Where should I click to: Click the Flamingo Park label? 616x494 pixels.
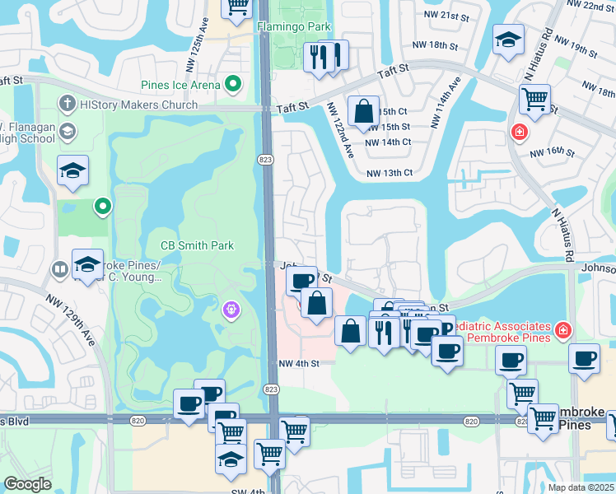(x=294, y=26)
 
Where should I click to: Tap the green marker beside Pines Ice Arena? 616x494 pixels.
(x=234, y=84)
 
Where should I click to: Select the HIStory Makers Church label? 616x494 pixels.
(x=137, y=105)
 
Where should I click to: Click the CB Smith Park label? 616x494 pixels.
(x=197, y=245)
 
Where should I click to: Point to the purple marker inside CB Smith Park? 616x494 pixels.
(x=231, y=309)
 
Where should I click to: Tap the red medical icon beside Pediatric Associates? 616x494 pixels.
(x=562, y=330)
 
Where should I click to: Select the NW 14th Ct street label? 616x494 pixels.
(x=388, y=142)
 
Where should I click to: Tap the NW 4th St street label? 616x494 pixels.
(x=298, y=363)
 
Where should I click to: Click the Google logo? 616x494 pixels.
(x=28, y=484)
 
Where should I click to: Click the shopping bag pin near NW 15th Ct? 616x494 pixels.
(x=362, y=110)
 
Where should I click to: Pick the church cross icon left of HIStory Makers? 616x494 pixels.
(x=65, y=105)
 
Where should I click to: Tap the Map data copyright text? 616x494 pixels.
(x=581, y=487)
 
